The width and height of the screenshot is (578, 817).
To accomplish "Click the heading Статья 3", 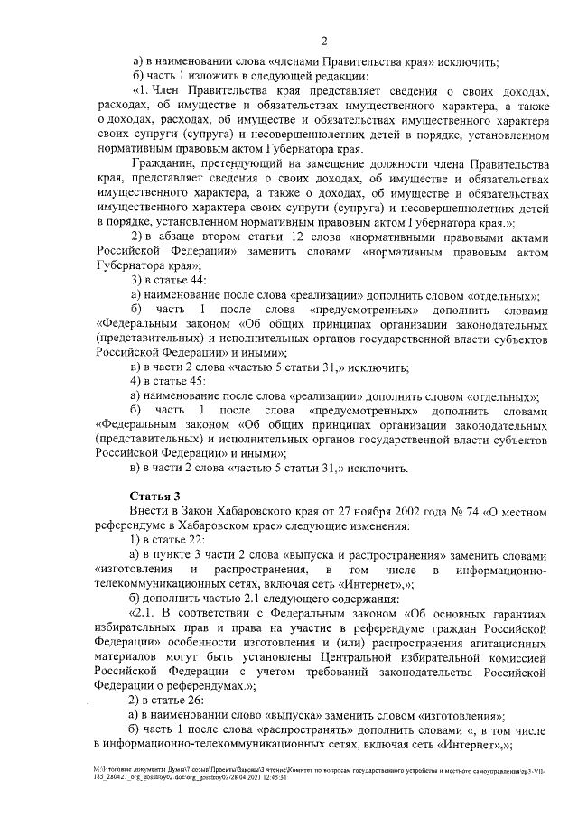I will coord(155,496).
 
